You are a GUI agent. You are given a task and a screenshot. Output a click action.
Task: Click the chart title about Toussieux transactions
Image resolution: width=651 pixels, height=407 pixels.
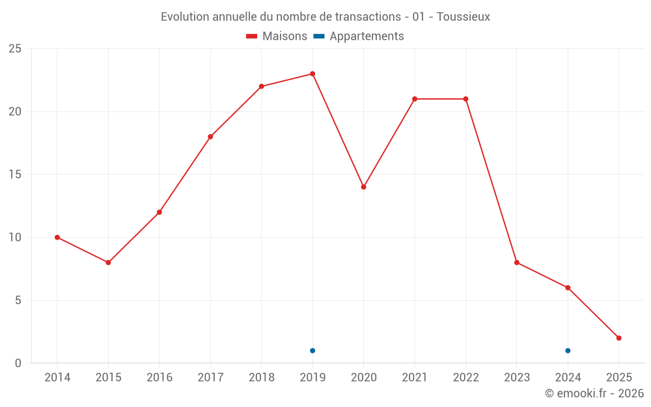point(325,16)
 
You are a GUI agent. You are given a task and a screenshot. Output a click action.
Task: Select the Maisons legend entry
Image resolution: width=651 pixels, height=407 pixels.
point(277,36)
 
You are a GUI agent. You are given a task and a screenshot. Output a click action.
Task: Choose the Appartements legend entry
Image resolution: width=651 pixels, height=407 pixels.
point(359,36)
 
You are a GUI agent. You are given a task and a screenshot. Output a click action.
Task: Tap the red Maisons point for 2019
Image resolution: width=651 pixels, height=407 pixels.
point(312,74)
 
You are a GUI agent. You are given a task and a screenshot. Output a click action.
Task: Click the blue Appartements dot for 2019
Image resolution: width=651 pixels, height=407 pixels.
point(312,350)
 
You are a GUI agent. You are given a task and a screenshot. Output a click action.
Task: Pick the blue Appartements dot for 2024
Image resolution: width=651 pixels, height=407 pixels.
point(568,350)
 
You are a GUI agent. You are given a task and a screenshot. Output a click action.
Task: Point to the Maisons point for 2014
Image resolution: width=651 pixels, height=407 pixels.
point(57,237)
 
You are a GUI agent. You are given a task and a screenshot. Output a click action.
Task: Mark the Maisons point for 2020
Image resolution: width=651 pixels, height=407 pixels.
point(364,187)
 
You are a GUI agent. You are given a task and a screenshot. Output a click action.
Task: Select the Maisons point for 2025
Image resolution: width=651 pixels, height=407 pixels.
point(619,338)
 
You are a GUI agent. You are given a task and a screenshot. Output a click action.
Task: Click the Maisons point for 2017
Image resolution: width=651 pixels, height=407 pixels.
point(210,137)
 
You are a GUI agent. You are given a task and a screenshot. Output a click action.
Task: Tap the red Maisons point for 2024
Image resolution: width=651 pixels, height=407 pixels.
point(568,288)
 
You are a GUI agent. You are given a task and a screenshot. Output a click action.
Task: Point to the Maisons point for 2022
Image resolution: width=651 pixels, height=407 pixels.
point(465,99)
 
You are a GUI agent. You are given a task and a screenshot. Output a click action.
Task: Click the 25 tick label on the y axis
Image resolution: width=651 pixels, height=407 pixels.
point(15,49)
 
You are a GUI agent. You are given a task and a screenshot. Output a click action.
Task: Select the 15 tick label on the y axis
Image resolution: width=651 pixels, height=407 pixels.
point(15,175)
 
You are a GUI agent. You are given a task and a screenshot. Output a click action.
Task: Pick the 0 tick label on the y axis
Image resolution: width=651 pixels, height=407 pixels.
point(18,363)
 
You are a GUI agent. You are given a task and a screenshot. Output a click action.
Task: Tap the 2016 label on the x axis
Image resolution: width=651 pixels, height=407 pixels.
point(159,378)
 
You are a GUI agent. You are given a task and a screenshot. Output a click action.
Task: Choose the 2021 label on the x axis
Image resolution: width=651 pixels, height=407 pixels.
point(415,378)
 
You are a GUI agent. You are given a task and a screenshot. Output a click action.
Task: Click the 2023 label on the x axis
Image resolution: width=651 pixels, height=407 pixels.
point(517,378)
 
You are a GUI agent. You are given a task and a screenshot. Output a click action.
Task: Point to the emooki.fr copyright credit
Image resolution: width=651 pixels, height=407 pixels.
point(594,393)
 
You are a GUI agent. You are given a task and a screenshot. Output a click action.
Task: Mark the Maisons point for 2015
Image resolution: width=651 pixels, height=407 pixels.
point(108,262)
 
